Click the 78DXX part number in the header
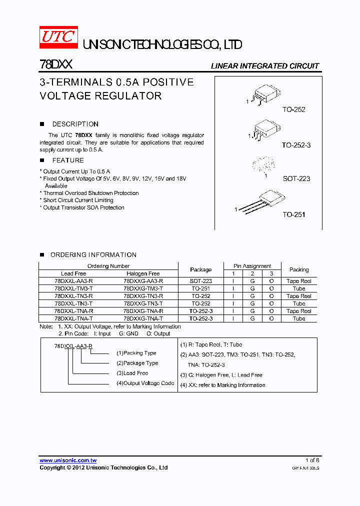[x=56, y=65]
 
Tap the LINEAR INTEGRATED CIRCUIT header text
[x=264, y=66]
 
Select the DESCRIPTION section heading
[x=75, y=124]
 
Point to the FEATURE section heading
[x=68, y=160]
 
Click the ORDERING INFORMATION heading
[x=93, y=255]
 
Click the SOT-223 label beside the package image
[x=296, y=178]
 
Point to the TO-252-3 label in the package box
[x=296, y=145]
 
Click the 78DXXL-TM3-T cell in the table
[x=73, y=288]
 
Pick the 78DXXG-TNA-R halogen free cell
[x=143, y=311]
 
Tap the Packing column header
[x=299, y=269]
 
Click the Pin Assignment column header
[x=252, y=266]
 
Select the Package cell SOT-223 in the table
[x=200, y=281]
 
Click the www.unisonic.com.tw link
[x=68, y=460]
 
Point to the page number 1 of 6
[x=312, y=460]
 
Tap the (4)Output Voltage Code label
[x=145, y=383]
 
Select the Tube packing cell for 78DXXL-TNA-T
[x=299, y=318]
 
